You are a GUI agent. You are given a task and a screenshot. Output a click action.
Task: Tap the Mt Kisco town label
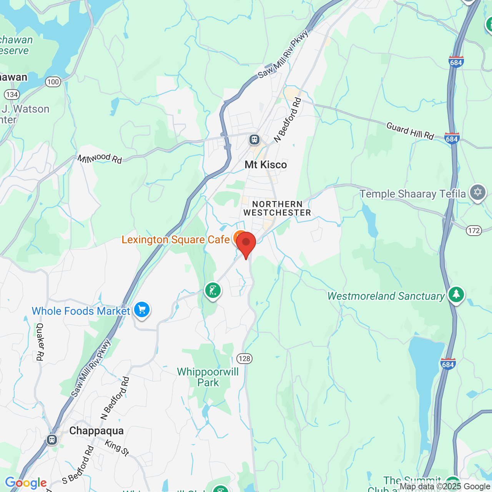pyautogui.click(x=266, y=165)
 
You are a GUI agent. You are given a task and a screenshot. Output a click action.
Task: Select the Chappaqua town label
pyautogui.click(x=96, y=431)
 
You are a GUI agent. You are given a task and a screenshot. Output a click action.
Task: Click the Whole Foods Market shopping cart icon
pyautogui.click(x=142, y=309)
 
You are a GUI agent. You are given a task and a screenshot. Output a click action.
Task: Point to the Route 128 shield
pyautogui.click(x=244, y=359)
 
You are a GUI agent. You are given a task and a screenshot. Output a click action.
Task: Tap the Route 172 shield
pyautogui.click(x=474, y=230)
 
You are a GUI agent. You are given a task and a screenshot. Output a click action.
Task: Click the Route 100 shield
pyautogui.click(x=53, y=81)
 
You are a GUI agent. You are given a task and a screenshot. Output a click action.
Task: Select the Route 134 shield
pyautogui.click(x=12, y=95)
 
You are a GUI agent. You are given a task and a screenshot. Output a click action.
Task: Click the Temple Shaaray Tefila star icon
pyautogui.click(x=478, y=192)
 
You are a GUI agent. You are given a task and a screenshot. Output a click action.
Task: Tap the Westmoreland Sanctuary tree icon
pyautogui.click(x=456, y=294)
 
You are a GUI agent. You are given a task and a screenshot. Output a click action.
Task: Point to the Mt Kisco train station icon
pyautogui.click(x=254, y=139)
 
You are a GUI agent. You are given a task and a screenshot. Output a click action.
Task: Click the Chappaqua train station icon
pyautogui.click(x=52, y=439)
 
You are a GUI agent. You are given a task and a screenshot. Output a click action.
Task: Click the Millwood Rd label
pyautogui.click(x=100, y=158)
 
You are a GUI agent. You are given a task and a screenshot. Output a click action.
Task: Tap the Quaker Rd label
pyautogui.click(x=40, y=342)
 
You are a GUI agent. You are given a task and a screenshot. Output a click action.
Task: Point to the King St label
pyautogui.click(x=117, y=448)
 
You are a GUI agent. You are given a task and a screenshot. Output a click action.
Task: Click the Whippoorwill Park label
pyautogui.click(x=208, y=377)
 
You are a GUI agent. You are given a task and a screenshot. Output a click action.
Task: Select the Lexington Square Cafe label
pyautogui.click(x=176, y=240)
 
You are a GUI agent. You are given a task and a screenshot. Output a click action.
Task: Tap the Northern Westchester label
pyautogui.click(x=277, y=208)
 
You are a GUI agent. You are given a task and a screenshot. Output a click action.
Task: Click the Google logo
pyautogui.click(x=26, y=483)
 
